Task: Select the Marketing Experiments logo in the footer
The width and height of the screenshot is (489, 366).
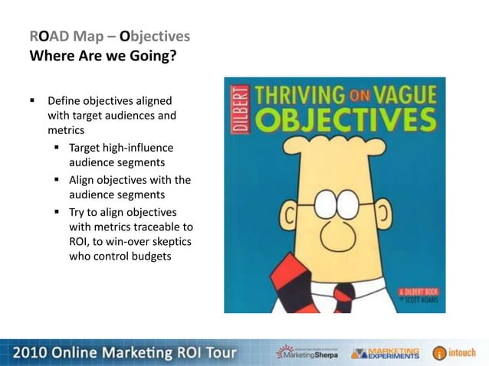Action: (x=386, y=352)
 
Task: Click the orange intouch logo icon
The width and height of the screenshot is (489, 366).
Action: (x=439, y=353)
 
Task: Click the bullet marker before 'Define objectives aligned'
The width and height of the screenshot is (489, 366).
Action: (x=33, y=100)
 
